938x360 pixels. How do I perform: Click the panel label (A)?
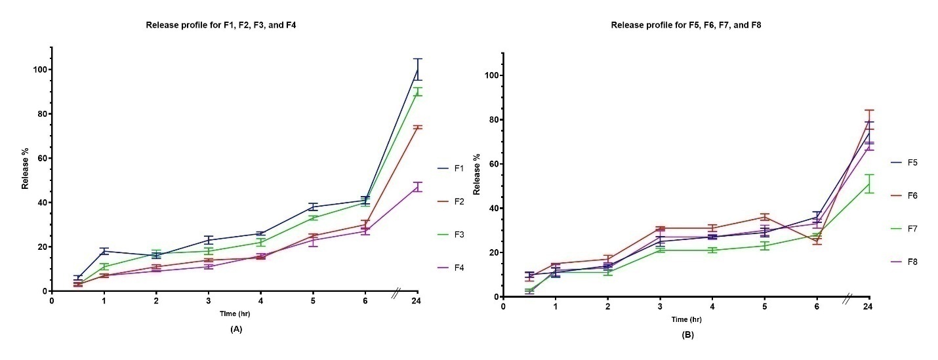click(x=236, y=329)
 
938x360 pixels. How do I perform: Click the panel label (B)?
click(x=687, y=334)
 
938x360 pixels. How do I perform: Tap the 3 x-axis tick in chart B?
click(x=660, y=307)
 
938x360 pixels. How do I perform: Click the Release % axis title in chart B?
click(x=478, y=175)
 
